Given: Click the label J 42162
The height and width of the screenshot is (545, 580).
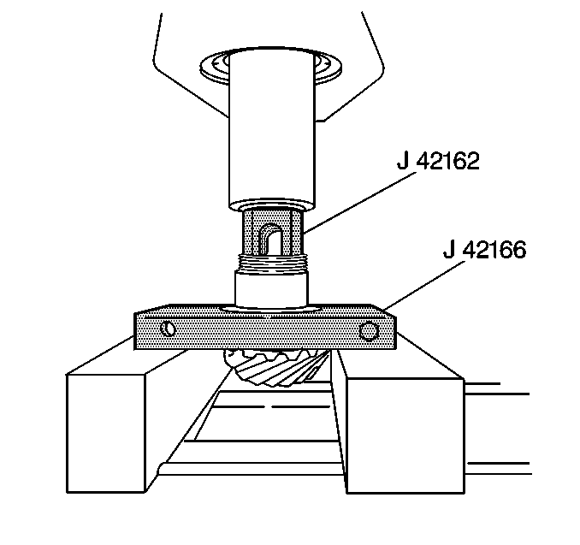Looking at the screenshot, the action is pos(438,161).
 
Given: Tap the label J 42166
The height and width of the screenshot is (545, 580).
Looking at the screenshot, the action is pos(484,249).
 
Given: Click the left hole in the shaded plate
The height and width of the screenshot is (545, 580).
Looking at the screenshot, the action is pos(168,329).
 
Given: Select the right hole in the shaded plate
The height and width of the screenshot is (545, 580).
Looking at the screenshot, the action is pos(369,331).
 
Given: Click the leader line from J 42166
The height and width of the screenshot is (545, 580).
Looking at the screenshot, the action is pos(424,285).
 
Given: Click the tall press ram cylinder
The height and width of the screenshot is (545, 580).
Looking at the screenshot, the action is pos(272,129).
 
